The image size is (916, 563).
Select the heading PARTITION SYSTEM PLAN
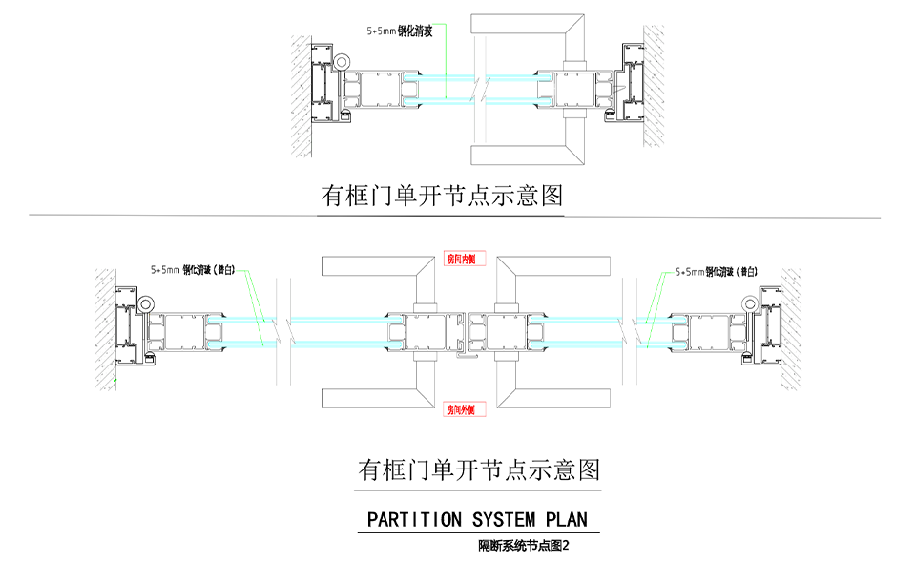pos(477,520)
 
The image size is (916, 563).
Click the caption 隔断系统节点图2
pos(524,547)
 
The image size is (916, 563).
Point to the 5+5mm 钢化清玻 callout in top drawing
pos(400,31)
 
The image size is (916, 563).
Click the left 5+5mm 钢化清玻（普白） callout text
pos(193,270)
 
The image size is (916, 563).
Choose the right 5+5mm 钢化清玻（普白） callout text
pos(716,272)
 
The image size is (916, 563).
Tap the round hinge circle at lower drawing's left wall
pos(144,303)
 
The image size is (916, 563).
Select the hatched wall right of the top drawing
pos(654,86)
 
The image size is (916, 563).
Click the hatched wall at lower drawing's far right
pos(791,324)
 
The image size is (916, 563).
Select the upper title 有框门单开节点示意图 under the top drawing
pos(442,197)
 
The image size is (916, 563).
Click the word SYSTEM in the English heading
pos(504,520)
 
